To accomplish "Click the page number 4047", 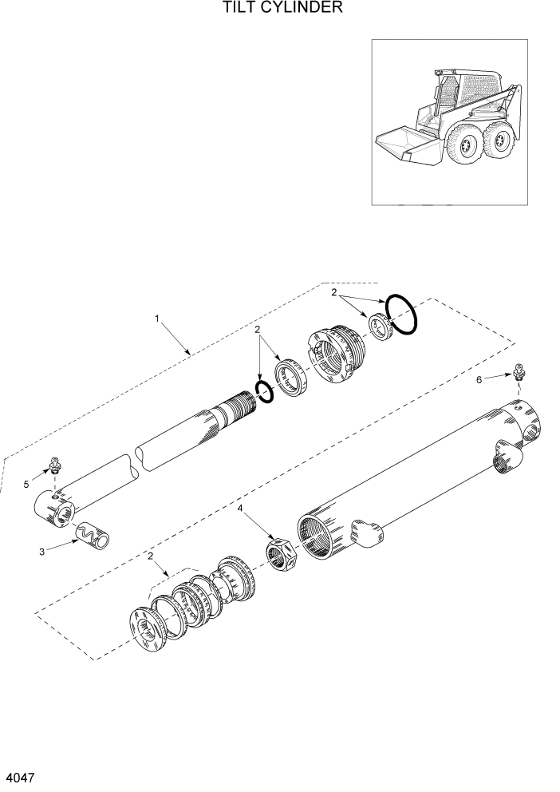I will [x=20, y=777].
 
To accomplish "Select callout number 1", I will [x=157, y=319].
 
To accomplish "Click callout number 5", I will [x=26, y=484].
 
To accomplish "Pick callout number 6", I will [x=479, y=380].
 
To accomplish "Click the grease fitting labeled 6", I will [x=519, y=371].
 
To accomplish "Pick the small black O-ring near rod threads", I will [x=264, y=391].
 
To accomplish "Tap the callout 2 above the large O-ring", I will [x=335, y=294].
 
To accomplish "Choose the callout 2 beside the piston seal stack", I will [x=150, y=556].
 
